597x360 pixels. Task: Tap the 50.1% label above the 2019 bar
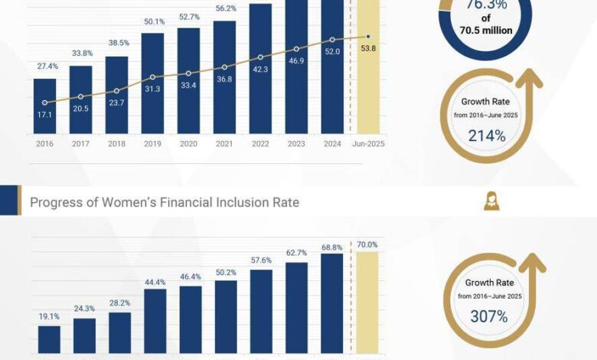click(x=152, y=21)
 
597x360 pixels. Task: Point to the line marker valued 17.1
click(x=45, y=103)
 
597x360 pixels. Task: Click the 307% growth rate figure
click(x=488, y=316)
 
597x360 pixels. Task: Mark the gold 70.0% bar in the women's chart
click(x=367, y=303)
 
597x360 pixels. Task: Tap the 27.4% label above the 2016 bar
click(x=45, y=67)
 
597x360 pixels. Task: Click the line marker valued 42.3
click(x=260, y=57)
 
